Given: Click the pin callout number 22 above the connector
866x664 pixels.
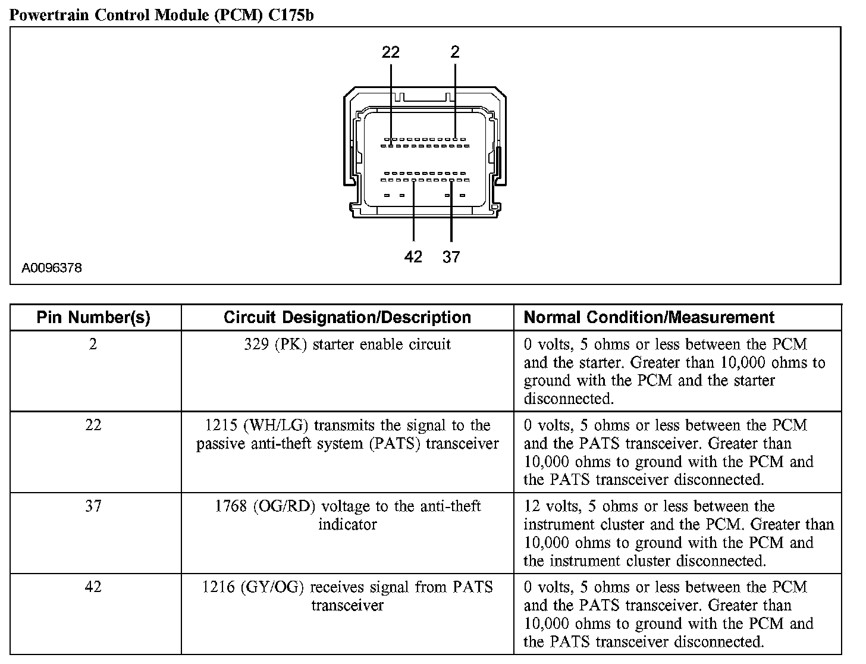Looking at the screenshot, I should coord(391,52).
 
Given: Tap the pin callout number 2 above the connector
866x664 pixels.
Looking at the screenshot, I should coord(455,52).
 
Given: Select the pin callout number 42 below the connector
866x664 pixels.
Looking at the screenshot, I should coord(413,256).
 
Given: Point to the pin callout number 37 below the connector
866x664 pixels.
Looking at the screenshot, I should coord(451,256).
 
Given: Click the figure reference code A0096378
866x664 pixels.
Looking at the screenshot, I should coord(52,268).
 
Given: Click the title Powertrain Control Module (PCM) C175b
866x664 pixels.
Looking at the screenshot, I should coord(162,15).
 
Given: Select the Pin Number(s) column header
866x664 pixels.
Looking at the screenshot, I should coord(93,318).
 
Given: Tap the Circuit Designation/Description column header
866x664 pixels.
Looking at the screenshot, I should coord(347,318).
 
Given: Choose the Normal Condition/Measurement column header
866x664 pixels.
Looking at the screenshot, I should coord(649,318).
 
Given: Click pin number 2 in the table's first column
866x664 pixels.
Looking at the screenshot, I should coord(93,344).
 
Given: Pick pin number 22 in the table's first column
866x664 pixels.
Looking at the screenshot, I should coord(93,425).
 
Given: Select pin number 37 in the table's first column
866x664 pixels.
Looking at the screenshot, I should coord(93,506).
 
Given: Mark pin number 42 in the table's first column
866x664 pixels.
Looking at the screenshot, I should coord(93,587).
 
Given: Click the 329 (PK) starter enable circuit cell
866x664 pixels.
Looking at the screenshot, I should coord(347,344).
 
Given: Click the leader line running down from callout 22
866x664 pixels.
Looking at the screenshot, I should coord(391,101).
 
